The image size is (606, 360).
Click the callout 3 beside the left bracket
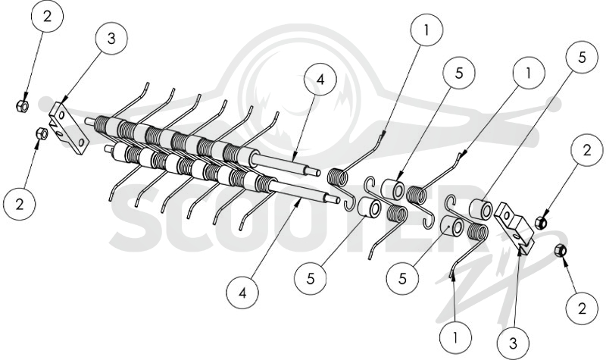point(111,39)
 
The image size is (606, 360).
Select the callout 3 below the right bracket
point(514,343)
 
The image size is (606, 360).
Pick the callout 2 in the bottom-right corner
point(582,308)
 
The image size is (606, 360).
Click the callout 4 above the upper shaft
point(320,80)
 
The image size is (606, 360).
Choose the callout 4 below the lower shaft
point(242,293)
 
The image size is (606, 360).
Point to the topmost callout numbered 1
point(426,30)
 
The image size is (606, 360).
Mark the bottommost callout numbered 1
point(456,337)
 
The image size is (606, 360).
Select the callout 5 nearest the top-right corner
point(582,58)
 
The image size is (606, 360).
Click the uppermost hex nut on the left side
point(23,105)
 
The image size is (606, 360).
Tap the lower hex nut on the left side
point(42,134)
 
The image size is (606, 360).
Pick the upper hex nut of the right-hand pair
point(541,222)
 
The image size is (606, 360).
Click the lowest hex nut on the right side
point(560,251)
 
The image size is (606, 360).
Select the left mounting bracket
point(69,128)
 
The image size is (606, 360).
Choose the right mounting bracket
point(514,229)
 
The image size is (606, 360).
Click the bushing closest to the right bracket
point(481,209)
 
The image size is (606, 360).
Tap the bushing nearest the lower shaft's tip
point(367,206)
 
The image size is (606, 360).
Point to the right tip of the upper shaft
point(319,173)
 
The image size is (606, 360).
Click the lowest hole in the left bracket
point(82,142)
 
